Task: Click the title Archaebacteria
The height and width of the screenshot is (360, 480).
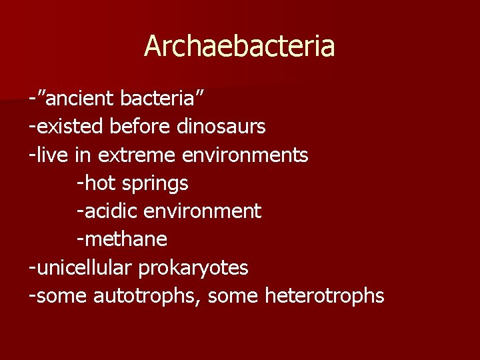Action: click(x=239, y=46)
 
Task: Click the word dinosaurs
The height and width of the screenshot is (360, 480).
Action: click(x=221, y=126)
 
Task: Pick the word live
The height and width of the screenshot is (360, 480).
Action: click(x=53, y=155)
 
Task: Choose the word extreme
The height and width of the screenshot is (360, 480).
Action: click(x=137, y=155)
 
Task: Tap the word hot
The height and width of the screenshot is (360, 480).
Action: click(x=99, y=183)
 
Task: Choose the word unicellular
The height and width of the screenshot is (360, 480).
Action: click(x=85, y=268)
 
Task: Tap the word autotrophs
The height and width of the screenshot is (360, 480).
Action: click(x=149, y=296)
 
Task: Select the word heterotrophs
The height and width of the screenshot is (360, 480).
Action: click(x=325, y=296)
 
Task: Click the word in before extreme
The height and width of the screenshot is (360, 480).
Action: click(x=84, y=155)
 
